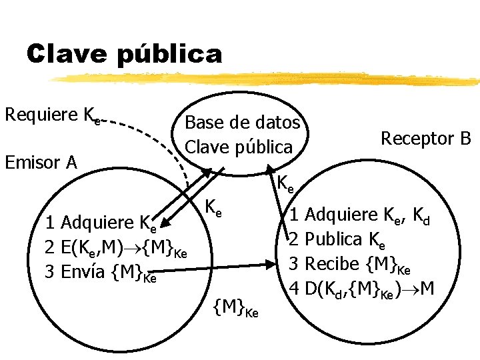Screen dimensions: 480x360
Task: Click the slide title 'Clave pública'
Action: [x=124, y=54]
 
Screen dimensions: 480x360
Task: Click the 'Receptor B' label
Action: [x=425, y=139]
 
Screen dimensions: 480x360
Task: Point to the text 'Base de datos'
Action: [x=242, y=123]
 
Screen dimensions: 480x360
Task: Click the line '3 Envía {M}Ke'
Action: [x=101, y=272]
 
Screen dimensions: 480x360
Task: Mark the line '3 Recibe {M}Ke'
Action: [x=349, y=263]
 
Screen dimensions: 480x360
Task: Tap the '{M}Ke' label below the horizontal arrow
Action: [x=235, y=309]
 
